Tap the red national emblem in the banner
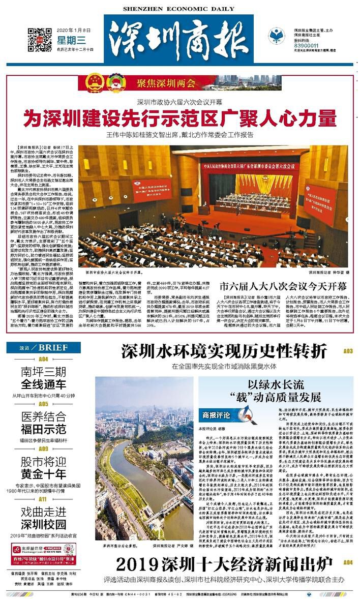tap(94, 82)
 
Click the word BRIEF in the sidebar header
tap(53, 348)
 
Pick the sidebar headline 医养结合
tap(43, 416)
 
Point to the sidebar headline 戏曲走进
tap(43, 513)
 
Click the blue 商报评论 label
tap(216, 414)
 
